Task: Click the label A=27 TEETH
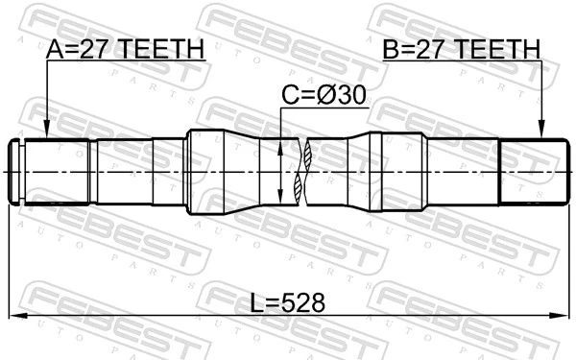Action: click(125, 49)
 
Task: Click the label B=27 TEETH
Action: click(462, 49)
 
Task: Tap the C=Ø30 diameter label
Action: click(324, 95)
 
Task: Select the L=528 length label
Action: click(288, 303)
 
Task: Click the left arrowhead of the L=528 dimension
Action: click(18, 315)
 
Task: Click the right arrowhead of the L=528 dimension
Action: click(559, 315)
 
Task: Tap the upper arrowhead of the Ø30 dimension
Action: click(280, 148)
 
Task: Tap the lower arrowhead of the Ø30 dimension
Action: click(280, 195)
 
